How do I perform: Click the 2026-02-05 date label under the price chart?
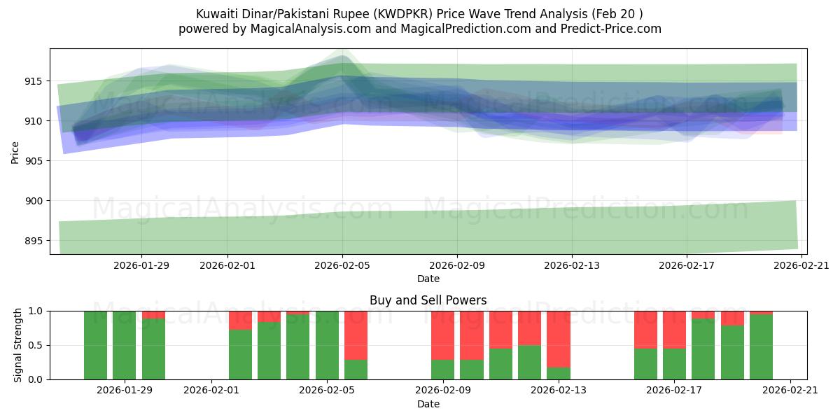[x=342, y=265]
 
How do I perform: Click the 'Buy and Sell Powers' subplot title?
[x=428, y=300]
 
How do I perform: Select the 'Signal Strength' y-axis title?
[x=18, y=345]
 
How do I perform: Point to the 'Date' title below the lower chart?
[x=428, y=404]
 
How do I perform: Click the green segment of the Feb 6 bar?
[x=356, y=370]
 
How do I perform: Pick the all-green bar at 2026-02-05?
[x=327, y=345]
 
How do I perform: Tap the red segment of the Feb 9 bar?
[x=442, y=335]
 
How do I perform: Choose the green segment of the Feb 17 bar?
[x=674, y=364]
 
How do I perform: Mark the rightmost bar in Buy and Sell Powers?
[x=761, y=347]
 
